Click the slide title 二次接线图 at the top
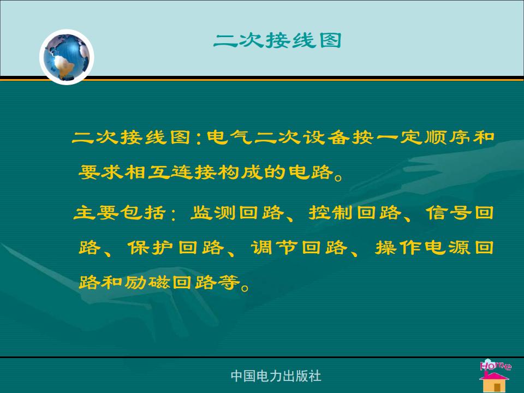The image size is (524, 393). click(277, 41)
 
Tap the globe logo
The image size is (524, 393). click(67, 57)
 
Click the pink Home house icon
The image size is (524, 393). click(495, 376)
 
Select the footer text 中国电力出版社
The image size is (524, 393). click(276, 376)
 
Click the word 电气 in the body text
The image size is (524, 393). click(229, 137)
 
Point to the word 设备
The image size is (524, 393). click(326, 137)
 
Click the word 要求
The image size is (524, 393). click(101, 172)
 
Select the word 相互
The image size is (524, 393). click(147, 172)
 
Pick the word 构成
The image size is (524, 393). click(240, 172)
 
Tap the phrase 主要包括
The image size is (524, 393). click(120, 213)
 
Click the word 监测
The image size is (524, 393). click(213, 213)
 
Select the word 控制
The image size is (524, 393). click(331, 213)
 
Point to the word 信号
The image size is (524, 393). click(449, 213)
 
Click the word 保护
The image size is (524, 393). click(150, 248)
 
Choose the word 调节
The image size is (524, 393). click(274, 248)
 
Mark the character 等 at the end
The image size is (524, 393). click(229, 283)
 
